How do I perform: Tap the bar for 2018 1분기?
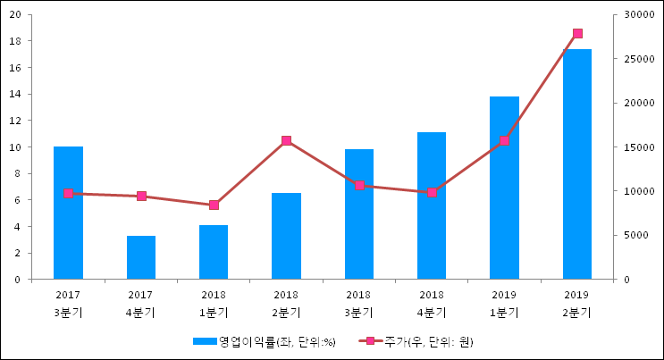coord(214,252)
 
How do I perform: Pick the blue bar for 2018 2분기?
coord(286,236)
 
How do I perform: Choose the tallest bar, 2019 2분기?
coord(577,164)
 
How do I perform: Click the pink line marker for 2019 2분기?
coord(577,34)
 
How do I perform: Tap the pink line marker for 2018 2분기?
coord(286,141)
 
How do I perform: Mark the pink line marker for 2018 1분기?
coord(214,205)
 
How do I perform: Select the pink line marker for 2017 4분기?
coord(141,197)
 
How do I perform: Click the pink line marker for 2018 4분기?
coord(432,193)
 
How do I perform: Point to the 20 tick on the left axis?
coord(15,15)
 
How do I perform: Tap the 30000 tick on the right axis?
coord(637,15)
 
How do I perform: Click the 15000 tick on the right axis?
coord(637,147)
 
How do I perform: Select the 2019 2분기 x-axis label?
coord(577,304)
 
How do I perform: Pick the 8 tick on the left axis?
coord(19,174)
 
